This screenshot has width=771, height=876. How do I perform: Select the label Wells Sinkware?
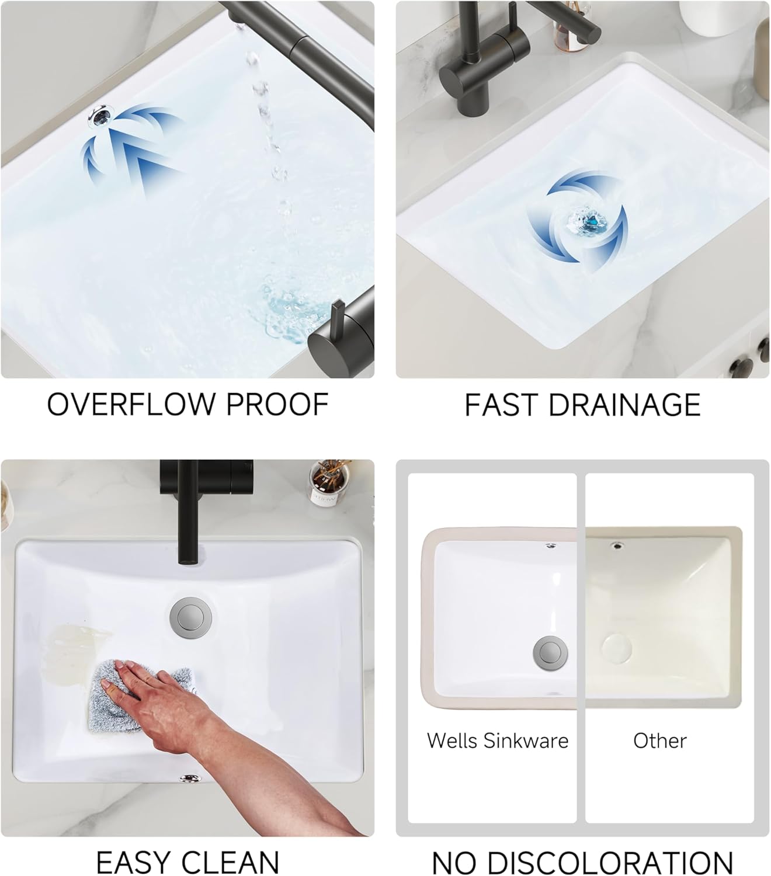click(x=498, y=741)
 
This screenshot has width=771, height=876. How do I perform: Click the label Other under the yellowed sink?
click(x=660, y=741)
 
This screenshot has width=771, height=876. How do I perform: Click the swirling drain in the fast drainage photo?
click(x=587, y=221)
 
